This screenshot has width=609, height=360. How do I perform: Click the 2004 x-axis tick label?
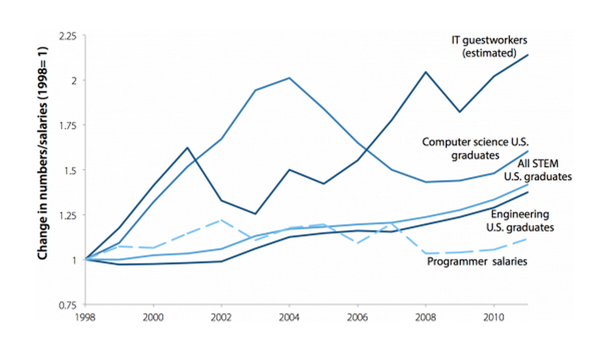pyautogui.click(x=289, y=317)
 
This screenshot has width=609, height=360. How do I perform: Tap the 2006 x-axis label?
pyautogui.click(x=357, y=317)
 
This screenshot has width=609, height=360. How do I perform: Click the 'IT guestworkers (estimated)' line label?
pyautogui.click(x=485, y=46)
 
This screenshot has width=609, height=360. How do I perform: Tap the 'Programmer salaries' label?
pyautogui.click(x=477, y=261)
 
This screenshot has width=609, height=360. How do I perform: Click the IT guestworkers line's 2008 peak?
pyautogui.click(x=425, y=72)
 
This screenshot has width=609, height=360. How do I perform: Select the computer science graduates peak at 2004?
pyautogui.click(x=289, y=78)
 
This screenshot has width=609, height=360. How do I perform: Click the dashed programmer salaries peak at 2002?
pyautogui.click(x=221, y=220)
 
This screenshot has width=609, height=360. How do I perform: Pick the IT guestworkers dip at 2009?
pyautogui.click(x=459, y=112)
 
